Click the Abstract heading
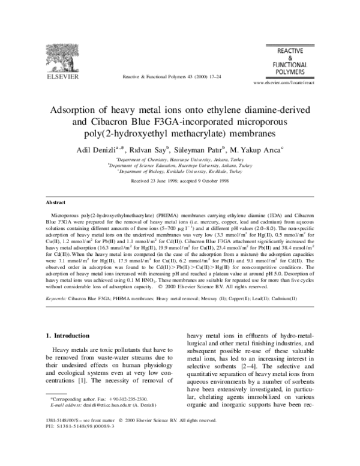(57, 203)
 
